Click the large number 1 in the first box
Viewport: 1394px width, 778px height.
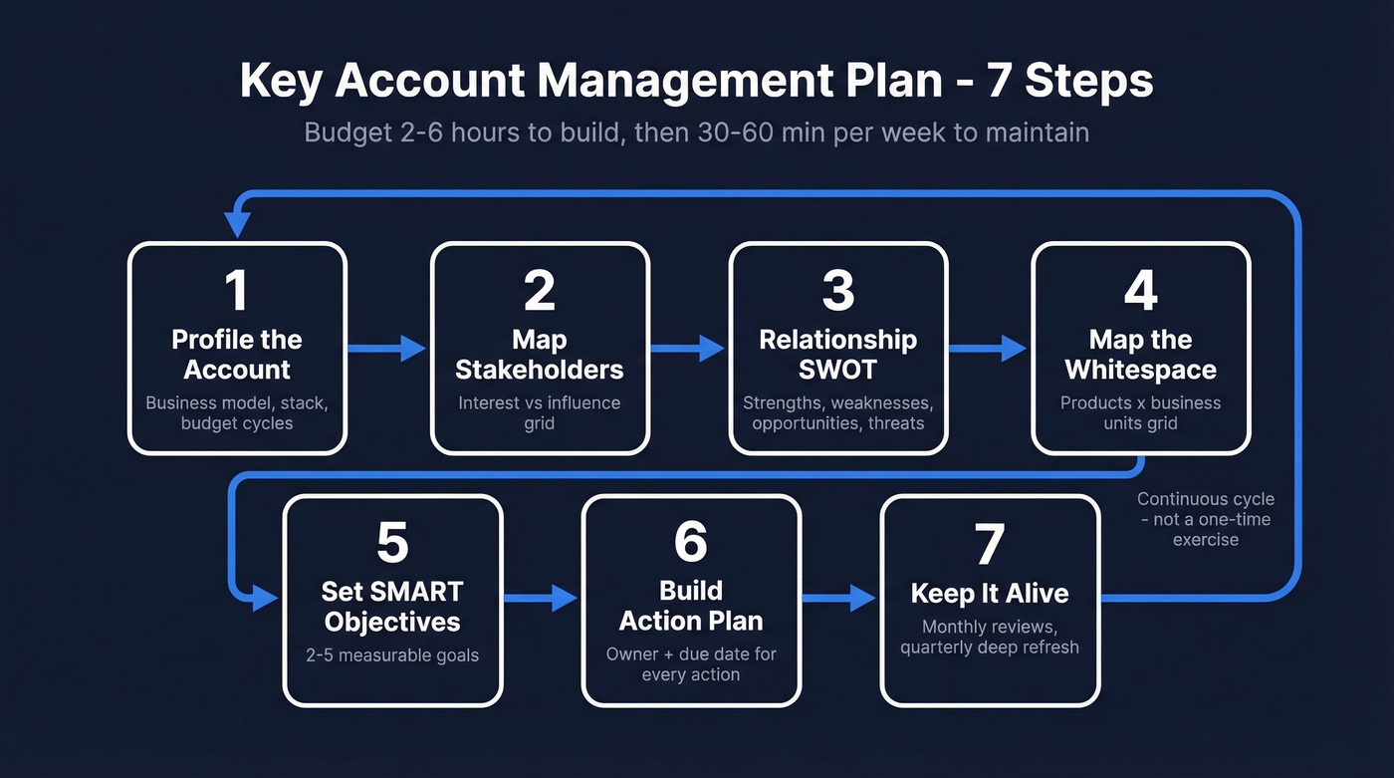236,290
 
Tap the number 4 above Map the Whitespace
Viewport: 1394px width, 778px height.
1140,290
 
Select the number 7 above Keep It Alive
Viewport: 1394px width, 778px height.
989,544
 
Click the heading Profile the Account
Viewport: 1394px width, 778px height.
237,355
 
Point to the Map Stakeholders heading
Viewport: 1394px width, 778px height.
539,355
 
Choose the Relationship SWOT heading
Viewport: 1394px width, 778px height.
837,355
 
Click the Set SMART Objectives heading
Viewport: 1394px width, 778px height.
392,607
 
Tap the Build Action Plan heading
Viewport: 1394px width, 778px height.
691,606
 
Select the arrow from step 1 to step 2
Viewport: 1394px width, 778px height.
387,348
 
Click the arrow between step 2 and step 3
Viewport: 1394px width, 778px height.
688,348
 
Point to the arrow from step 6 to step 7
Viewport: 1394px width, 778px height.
839,598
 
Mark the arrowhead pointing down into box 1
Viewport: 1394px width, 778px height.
237,224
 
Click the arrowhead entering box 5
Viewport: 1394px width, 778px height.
265,598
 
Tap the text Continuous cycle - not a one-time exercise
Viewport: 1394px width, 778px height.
1205,519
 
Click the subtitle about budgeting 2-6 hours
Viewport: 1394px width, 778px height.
696,132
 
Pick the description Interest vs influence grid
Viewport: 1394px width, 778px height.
539,413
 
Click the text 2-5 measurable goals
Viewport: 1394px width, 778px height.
392,655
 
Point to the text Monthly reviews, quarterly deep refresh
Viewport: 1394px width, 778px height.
989,637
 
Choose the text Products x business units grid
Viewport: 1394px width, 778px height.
1140,413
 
